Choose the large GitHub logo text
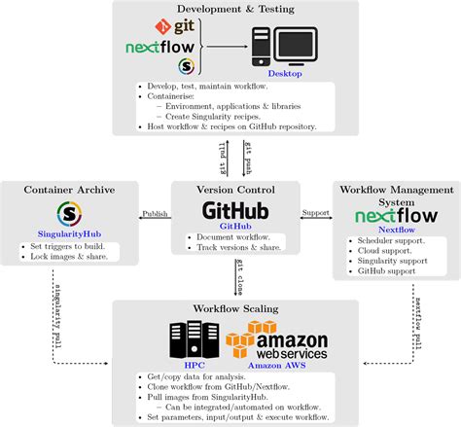tap(235, 211)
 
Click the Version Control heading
tap(235, 190)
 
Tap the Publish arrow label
tap(154, 213)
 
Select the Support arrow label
tap(315, 213)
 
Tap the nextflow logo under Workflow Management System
tap(393, 216)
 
